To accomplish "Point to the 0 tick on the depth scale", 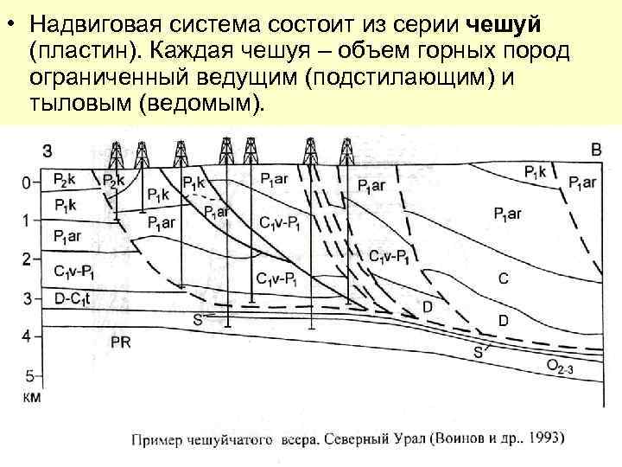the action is (x=26, y=182).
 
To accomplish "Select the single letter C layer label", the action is (x=502, y=278).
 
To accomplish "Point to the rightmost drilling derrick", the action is (x=346, y=152).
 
